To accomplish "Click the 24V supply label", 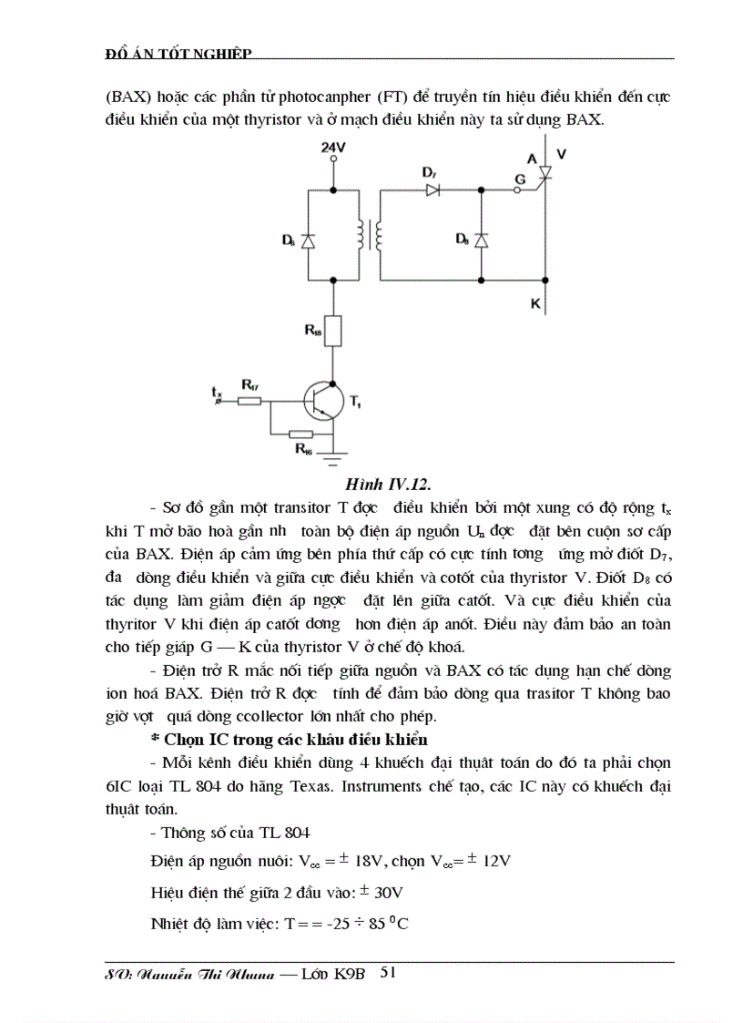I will pyautogui.click(x=334, y=146).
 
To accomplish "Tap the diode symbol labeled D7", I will pyautogui.click(x=433, y=190).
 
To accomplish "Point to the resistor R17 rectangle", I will pyautogui.click(x=249, y=401).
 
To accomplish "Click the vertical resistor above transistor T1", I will pyautogui.click(x=334, y=331).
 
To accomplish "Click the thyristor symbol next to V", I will pyautogui.click(x=546, y=170).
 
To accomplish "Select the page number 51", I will pyautogui.click(x=387, y=973).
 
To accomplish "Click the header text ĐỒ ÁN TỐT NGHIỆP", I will pyautogui.click(x=178, y=54).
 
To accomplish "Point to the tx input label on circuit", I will pyautogui.click(x=216, y=394).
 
